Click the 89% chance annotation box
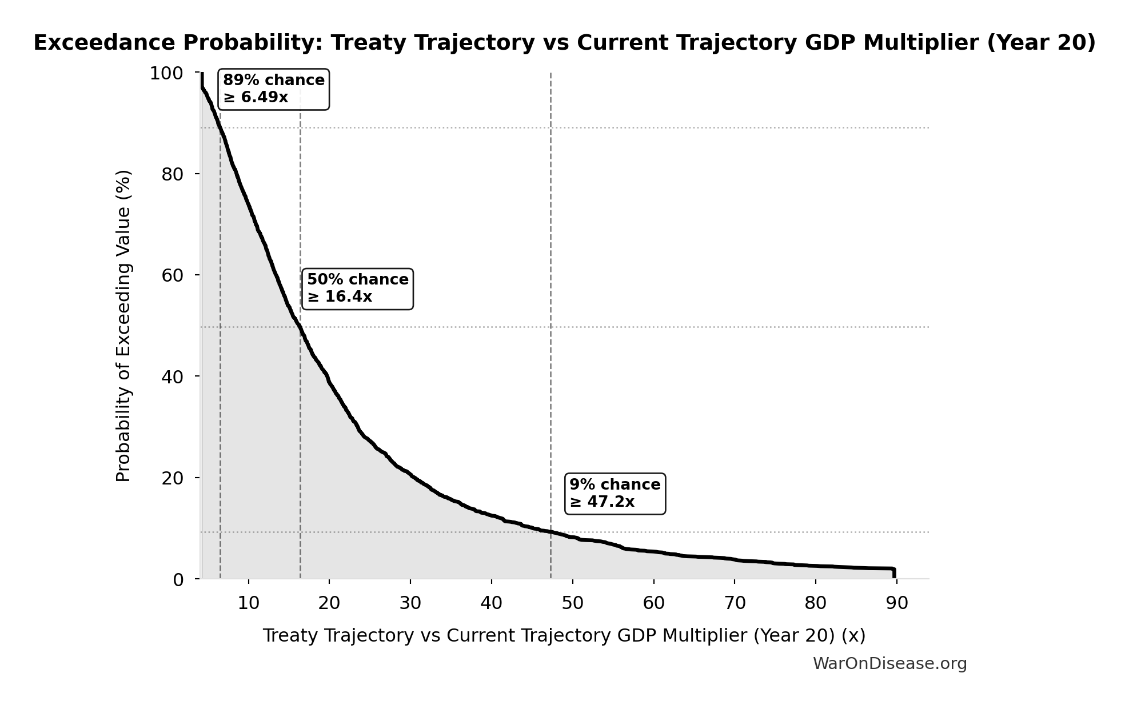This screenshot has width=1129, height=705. click(x=273, y=89)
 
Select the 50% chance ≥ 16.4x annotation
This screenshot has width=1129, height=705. click(x=357, y=289)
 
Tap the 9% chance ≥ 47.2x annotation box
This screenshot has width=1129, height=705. click(x=615, y=494)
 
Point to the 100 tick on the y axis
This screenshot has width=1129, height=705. click(x=166, y=74)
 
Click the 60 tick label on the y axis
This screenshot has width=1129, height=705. click(x=172, y=275)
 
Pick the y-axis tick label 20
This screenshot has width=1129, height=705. click(x=172, y=478)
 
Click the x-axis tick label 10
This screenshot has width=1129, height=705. click(x=248, y=603)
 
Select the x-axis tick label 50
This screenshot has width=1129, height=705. click(x=572, y=603)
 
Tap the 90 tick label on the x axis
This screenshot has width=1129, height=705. click(x=896, y=603)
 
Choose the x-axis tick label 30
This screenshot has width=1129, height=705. click(x=410, y=603)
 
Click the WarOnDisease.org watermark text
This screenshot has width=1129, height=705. click(x=889, y=664)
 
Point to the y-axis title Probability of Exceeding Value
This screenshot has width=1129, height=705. click(x=123, y=326)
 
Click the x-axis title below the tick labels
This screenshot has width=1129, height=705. click(x=564, y=636)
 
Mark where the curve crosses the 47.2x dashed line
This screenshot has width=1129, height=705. click(x=550, y=532)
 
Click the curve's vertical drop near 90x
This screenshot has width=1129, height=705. click(x=894, y=572)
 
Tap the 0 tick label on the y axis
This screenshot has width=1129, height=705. click(x=178, y=580)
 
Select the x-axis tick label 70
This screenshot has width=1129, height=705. click(x=735, y=603)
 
